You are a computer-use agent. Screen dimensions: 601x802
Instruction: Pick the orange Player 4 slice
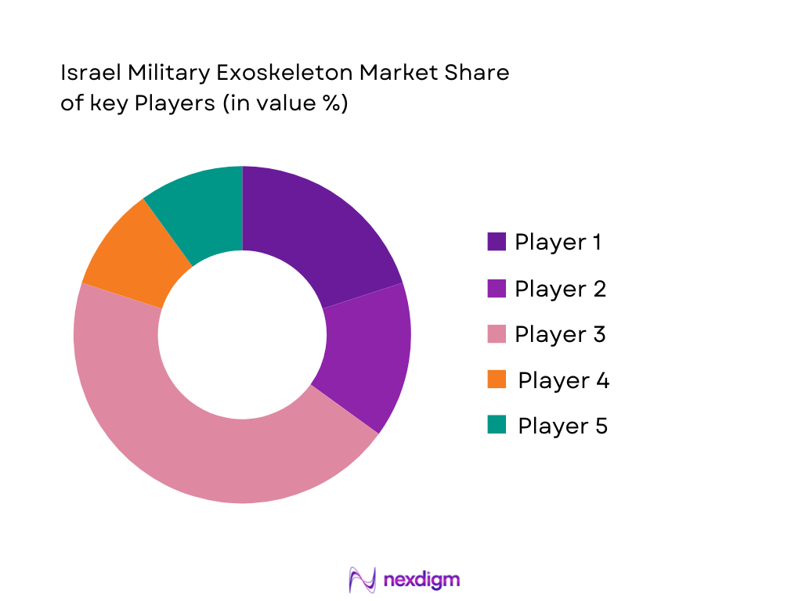pyautogui.click(x=129, y=254)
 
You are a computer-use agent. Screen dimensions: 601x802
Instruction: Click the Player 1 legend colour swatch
pyautogui.click(x=497, y=242)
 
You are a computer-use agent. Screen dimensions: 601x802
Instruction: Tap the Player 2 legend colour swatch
pyautogui.click(x=497, y=288)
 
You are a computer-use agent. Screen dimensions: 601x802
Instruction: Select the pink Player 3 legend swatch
pyautogui.click(x=497, y=334)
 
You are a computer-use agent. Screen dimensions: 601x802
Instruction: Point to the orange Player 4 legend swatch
pyautogui.click(x=497, y=380)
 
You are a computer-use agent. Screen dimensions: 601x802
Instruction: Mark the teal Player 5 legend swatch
pyautogui.click(x=497, y=425)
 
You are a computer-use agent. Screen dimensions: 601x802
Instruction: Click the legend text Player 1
pyautogui.click(x=558, y=243)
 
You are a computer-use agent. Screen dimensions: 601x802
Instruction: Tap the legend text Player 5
pyautogui.click(x=563, y=426)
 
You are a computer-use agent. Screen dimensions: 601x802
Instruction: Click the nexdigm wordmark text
pyautogui.click(x=421, y=580)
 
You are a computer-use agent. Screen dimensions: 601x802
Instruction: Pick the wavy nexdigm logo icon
pyautogui.click(x=363, y=580)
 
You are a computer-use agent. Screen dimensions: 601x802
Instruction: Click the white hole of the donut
pyautogui.click(x=242, y=335)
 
